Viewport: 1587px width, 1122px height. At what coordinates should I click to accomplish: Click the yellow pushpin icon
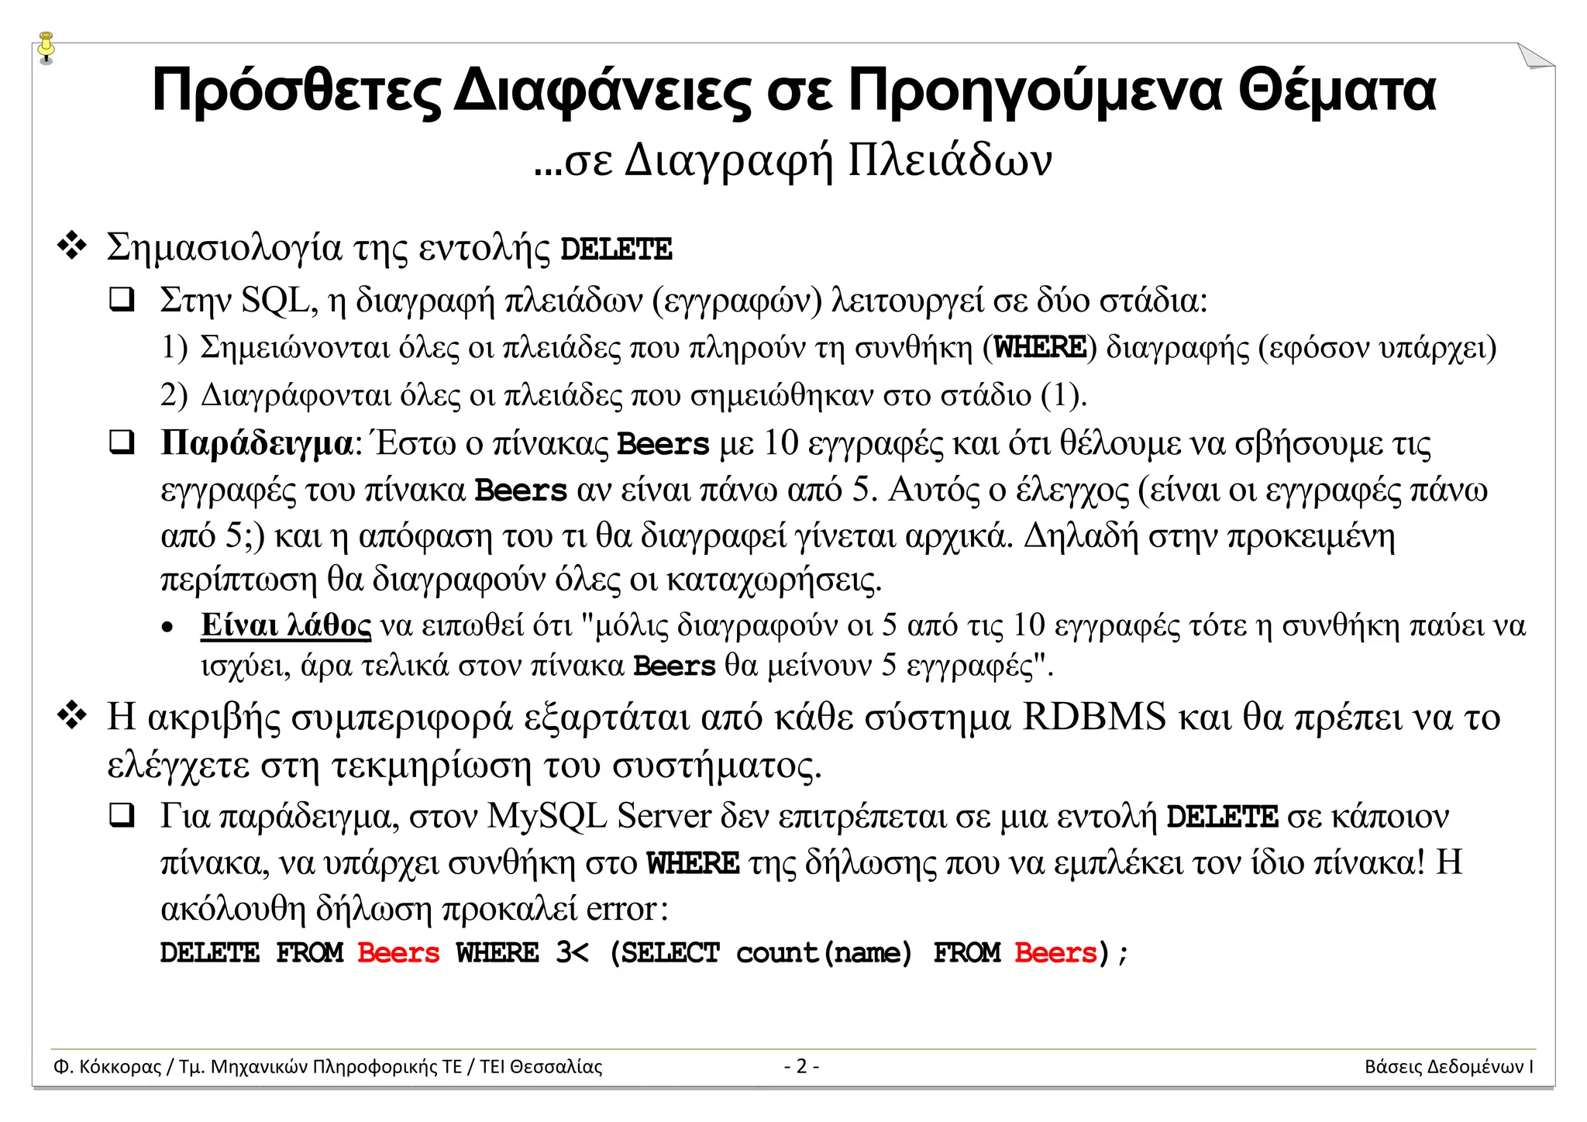click(x=46, y=46)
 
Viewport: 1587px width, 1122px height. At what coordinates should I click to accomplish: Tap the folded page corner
click(x=1534, y=57)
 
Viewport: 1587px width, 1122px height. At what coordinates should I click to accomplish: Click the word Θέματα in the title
click(x=1337, y=91)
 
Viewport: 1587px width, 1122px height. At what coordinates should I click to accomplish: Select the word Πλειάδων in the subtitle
click(x=949, y=160)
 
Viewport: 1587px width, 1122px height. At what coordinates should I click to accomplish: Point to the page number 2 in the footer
click(x=801, y=1066)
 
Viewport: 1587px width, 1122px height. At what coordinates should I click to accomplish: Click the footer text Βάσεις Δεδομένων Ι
click(x=1448, y=1066)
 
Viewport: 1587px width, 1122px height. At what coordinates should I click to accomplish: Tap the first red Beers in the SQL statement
click(x=398, y=952)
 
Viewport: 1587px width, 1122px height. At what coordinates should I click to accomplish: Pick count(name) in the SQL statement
click(x=824, y=952)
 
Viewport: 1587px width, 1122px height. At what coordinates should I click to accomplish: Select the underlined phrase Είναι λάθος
click(x=285, y=625)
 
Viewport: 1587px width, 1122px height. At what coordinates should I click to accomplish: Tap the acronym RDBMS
click(x=1093, y=717)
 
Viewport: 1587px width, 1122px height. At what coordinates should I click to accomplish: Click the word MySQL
click(x=547, y=816)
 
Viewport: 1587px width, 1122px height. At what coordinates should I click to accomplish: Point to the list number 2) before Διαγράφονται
click(x=174, y=395)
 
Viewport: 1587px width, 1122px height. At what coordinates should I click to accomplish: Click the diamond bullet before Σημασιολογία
click(x=72, y=246)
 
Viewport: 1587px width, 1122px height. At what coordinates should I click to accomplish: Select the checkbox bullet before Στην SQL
click(x=122, y=300)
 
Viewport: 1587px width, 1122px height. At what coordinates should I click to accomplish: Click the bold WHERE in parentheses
click(x=1040, y=347)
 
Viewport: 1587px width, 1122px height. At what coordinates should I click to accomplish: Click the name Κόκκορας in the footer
click(x=120, y=1066)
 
